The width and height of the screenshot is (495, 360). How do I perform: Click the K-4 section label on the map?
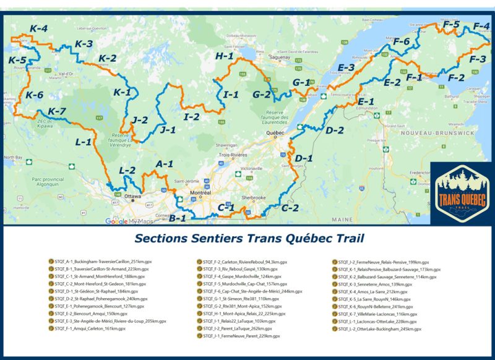(38, 28)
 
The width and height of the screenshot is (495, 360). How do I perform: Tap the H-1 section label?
(225, 56)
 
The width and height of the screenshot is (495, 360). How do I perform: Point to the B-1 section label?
(178, 218)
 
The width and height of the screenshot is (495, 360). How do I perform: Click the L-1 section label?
(84, 142)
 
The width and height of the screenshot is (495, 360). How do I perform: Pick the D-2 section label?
(335, 130)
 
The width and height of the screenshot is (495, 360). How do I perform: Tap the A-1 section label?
(165, 164)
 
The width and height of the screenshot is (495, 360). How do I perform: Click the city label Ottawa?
(133, 197)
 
